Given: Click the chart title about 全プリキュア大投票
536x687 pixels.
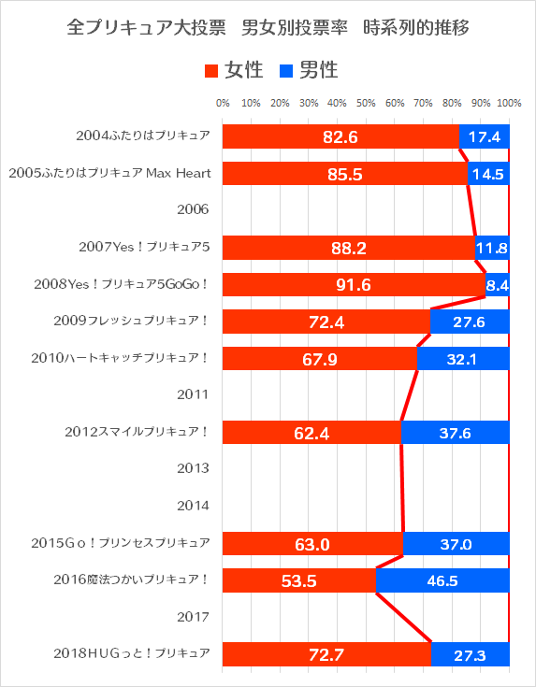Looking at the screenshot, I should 268,29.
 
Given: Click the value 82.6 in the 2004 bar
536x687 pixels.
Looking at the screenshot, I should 340,137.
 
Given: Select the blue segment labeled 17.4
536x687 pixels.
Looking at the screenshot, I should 485,137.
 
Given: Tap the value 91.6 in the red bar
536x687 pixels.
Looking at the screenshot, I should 354,285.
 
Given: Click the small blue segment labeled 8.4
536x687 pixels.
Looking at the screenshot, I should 498,285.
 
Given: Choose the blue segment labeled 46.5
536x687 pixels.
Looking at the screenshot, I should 442,580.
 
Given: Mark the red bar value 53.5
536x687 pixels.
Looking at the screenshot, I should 298,580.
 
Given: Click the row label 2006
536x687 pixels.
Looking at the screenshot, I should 193,209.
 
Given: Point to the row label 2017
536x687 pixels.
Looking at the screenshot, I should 193,617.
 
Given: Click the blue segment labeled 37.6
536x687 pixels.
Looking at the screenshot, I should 455,433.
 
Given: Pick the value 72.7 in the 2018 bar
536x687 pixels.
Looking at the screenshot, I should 326,654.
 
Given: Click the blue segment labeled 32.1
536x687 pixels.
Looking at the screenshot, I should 463,359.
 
